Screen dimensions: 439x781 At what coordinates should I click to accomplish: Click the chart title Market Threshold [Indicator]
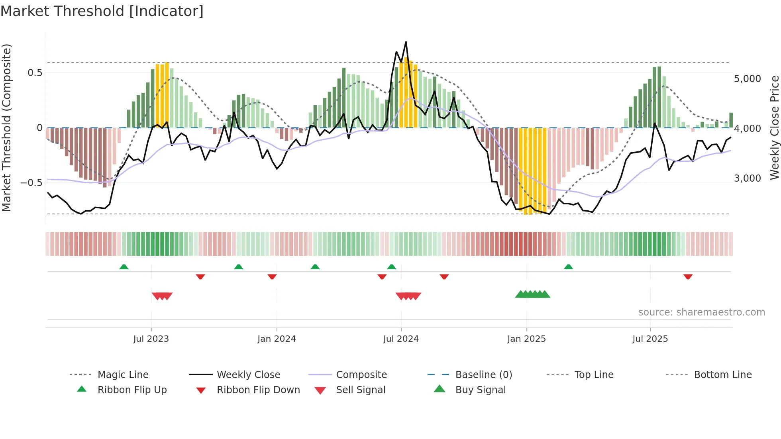(102, 11)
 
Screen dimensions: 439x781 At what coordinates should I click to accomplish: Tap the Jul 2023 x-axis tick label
(151, 339)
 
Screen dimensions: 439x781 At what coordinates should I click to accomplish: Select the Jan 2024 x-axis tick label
(277, 339)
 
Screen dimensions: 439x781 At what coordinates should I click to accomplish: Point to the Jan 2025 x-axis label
(526, 339)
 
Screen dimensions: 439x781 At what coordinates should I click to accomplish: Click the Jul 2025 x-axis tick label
(650, 339)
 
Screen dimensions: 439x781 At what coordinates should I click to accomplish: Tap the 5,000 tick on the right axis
(747, 79)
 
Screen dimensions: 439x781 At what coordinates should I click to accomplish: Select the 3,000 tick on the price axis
(747, 178)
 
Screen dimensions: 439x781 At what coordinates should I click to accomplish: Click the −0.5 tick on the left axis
(31, 183)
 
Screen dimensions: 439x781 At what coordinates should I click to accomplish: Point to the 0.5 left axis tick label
(35, 73)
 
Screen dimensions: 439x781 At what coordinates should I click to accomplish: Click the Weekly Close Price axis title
(774, 127)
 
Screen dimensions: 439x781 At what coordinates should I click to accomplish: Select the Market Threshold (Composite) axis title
(6, 127)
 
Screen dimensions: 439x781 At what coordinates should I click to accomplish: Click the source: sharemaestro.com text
(701, 312)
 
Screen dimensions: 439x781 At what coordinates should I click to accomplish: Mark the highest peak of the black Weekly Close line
(406, 42)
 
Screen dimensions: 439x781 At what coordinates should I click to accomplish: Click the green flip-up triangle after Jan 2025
(568, 267)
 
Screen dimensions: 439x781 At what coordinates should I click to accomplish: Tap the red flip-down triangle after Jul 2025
(688, 276)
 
